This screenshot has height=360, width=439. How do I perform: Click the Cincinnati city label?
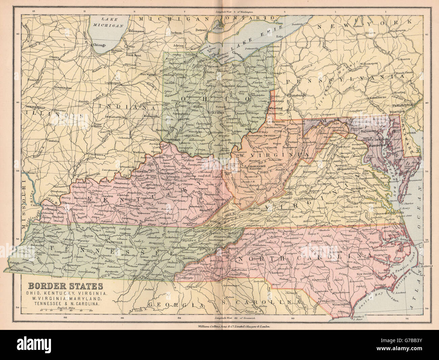[171, 139]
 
